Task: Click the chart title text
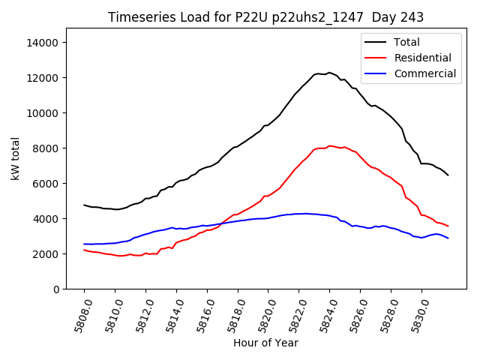(x=265, y=17)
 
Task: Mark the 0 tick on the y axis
(x=56, y=289)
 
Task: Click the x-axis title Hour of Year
(x=265, y=343)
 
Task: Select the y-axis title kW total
(x=16, y=158)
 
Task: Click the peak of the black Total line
(x=329, y=73)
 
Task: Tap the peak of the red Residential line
(x=329, y=145)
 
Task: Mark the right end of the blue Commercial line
(x=448, y=238)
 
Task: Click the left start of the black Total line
(x=84, y=205)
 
